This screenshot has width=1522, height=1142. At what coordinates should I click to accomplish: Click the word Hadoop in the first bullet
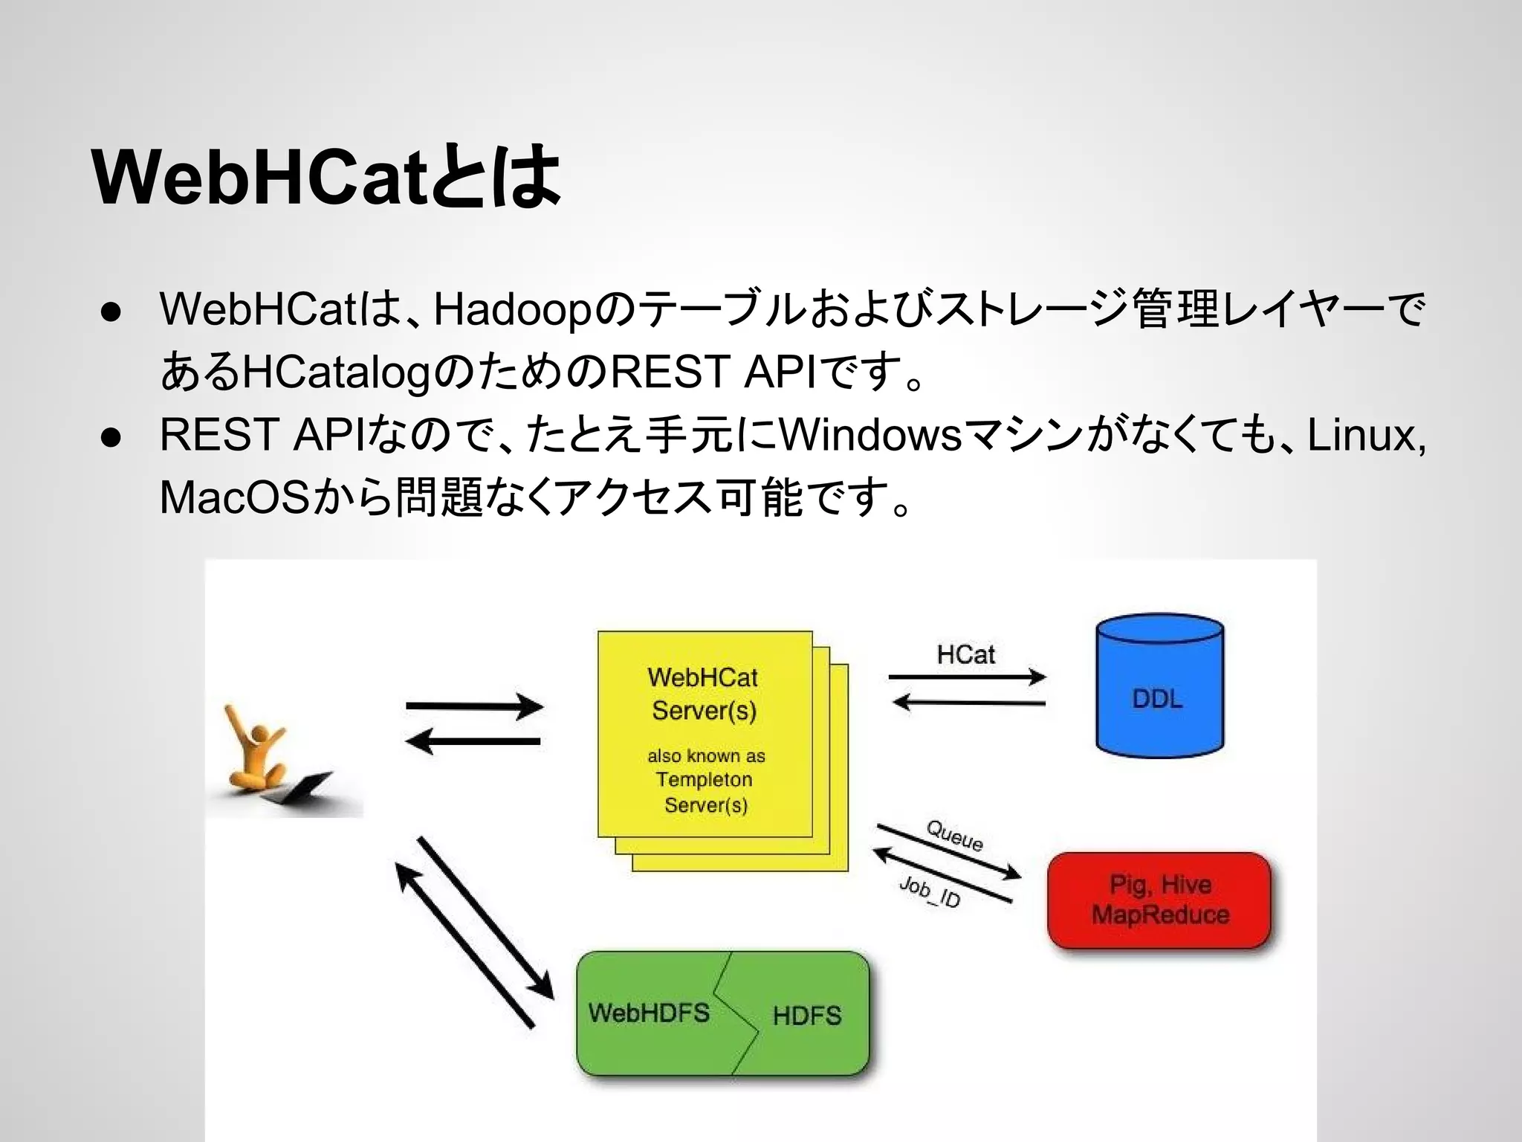pos(512,309)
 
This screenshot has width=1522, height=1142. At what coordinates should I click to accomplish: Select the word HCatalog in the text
pos(337,372)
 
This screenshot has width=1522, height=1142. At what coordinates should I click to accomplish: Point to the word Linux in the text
pos(1361,435)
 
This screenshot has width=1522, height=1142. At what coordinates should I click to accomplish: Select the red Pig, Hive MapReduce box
pos(1159,900)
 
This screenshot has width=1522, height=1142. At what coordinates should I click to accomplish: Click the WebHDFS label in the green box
pos(649,1013)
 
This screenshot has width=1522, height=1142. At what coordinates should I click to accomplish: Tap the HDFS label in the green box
pos(806,1016)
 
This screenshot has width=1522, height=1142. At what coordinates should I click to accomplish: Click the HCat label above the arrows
pos(965,654)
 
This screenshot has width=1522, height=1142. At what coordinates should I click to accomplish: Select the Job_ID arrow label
pos(930,891)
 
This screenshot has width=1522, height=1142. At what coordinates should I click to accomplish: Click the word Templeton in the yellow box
pos(704,780)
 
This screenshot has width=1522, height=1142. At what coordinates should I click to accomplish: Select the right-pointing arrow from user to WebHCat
pos(474,706)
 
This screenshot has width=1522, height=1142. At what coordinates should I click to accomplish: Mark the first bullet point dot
pos(111,312)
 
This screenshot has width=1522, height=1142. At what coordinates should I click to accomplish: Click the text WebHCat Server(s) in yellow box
pos(703,694)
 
